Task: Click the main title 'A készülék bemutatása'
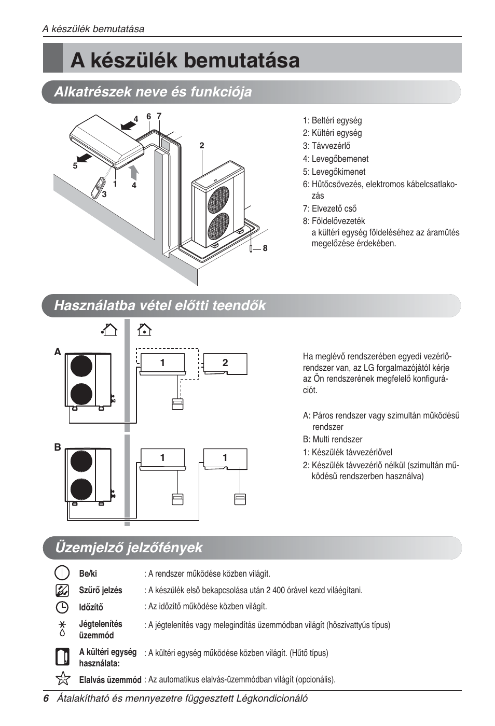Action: tap(185, 60)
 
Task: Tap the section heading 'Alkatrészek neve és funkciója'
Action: tap(153, 92)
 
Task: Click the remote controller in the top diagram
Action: tap(98, 188)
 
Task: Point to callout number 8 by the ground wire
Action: tap(265, 248)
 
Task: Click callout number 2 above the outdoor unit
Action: tap(202, 146)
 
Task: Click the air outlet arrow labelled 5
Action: tap(84, 157)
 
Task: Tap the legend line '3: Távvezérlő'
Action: tap(326, 146)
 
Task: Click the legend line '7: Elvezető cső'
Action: tap(329, 208)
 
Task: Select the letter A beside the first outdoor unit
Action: tap(58, 352)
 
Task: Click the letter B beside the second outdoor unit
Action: tap(58, 447)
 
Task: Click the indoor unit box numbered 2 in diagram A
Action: tap(225, 363)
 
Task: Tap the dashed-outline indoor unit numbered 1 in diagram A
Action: tap(162, 363)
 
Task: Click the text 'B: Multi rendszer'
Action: tap(333, 439)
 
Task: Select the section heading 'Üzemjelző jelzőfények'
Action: tap(128, 548)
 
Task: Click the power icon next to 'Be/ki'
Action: tap(62, 573)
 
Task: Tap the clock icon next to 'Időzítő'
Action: tap(62, 607)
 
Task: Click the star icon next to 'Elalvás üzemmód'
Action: tap(62, 678)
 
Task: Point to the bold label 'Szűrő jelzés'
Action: tap(101, 590)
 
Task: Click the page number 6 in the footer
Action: tap(46, 699)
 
